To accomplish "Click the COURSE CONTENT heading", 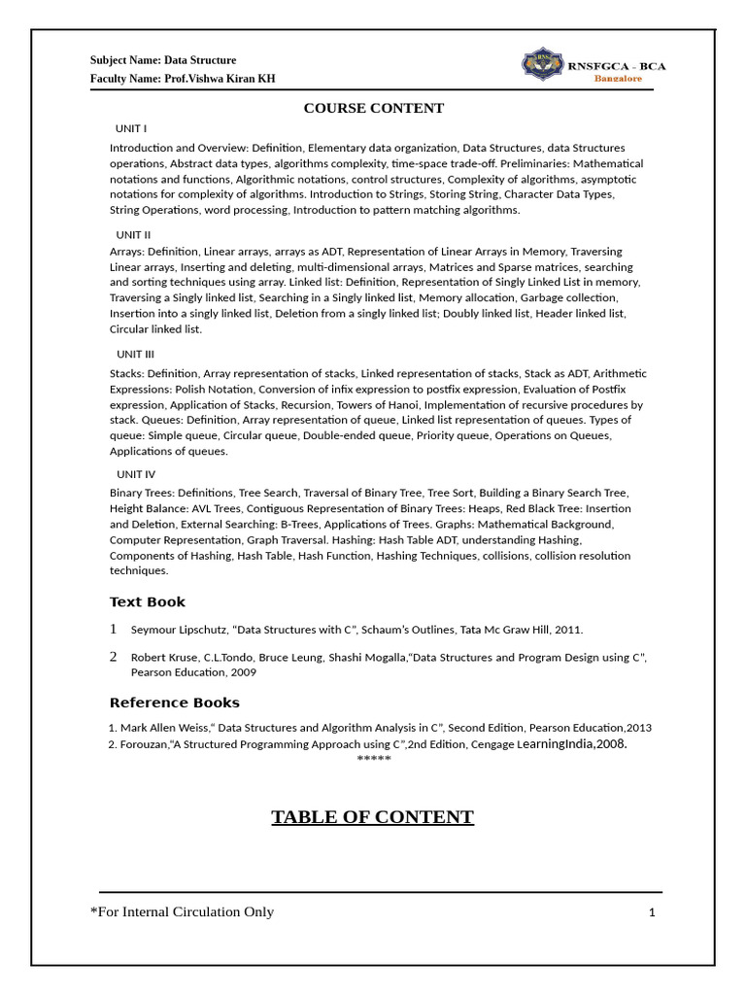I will (374, 108).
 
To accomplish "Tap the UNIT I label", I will (131, 128).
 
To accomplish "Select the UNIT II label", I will (133, 234).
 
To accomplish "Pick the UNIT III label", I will (135, 354).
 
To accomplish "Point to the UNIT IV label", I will (136, 474).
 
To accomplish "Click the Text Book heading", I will (147, 601).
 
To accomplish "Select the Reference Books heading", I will (174, 703).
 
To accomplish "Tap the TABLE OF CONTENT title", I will (372, 817).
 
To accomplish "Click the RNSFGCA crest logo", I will (541, 64).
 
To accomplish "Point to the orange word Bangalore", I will (618, 79).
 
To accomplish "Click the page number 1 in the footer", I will (652, 912).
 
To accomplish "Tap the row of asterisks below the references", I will (374, 759).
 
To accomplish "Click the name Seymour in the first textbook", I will (153, 630).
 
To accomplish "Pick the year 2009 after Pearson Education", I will (244, 672).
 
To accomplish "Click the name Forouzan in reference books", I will (144, 744).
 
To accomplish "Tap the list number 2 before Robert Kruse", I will (114, 657).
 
